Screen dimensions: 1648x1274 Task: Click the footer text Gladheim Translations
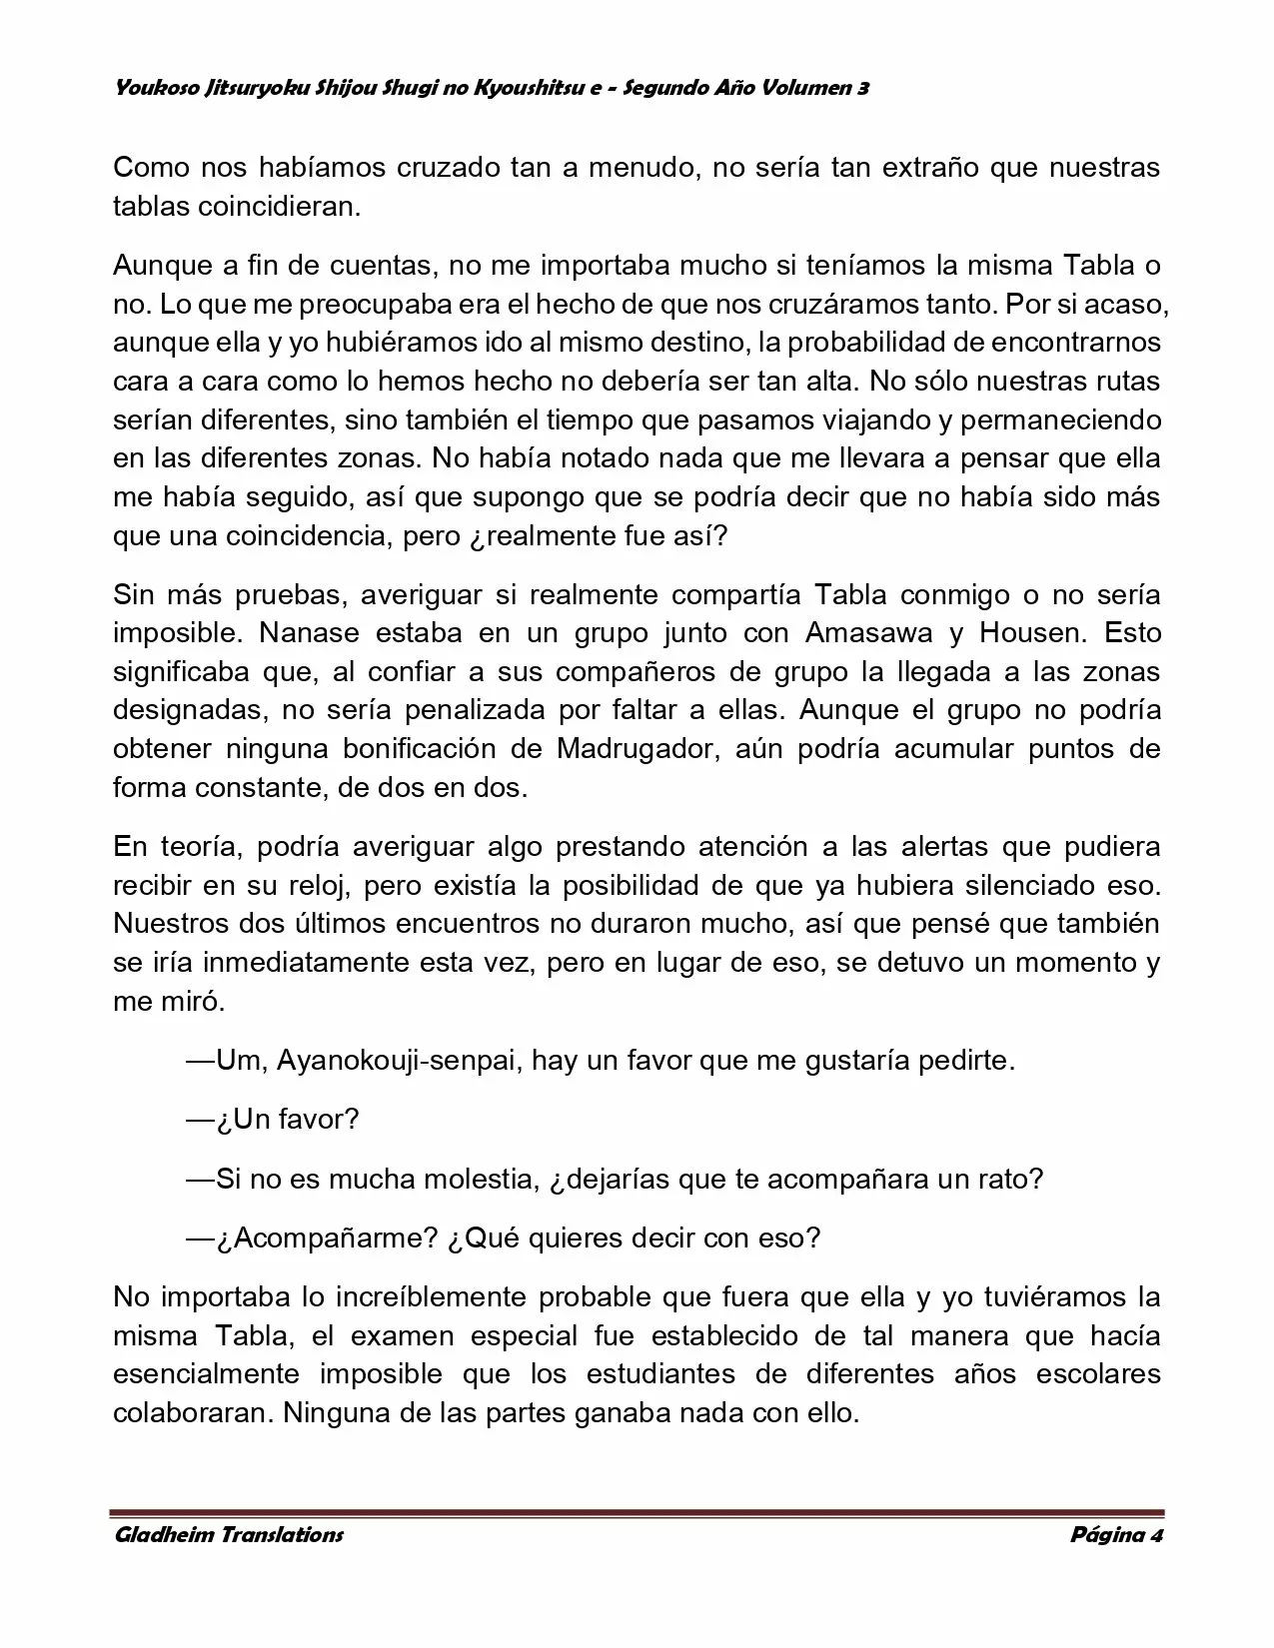(228, 1534)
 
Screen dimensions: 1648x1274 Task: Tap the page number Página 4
(1116, 1534)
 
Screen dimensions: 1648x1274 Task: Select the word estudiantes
(661, 1374)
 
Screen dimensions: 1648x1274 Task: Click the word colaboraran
(191, 1413)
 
